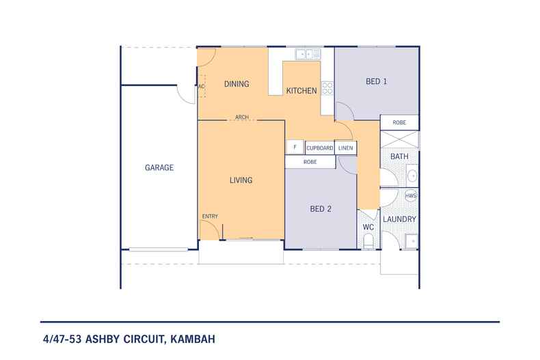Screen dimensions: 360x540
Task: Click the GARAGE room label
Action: (x=159, y=167)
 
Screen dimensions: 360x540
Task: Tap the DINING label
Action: (x=237, y=84)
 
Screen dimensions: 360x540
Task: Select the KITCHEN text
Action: (x=301, y=91)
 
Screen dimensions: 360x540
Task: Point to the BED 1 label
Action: (x=377, y=81)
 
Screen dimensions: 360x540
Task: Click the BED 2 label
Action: (x=321, y=209)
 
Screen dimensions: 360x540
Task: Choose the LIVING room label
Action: (x=241, y=180)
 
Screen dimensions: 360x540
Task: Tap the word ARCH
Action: (x=241, y=117)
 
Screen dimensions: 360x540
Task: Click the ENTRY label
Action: (x=210, y=217)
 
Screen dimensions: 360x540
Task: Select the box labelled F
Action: (x=295, y=148)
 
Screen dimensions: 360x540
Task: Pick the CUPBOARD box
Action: (x=320, y=148)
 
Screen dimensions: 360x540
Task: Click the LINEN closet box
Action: (x=346, y=148)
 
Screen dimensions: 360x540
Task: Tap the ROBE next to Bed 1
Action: (x=399, y=123)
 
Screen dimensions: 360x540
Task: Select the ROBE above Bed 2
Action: (x=310, y=162)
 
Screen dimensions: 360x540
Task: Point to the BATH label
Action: (x=399, y=157)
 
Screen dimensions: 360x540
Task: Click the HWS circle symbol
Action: (x=411, y=196)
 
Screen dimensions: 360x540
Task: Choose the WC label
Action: (x=368, y=226)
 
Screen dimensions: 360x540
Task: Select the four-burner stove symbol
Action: (x=327, y=87)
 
